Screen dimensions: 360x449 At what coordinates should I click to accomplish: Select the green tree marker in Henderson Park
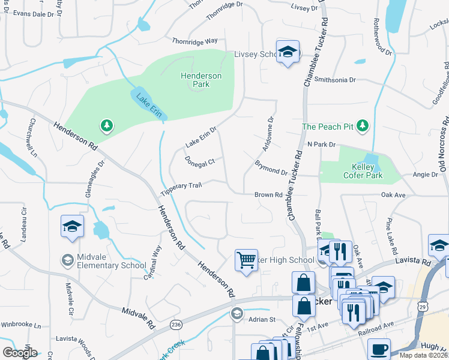coord(106,125)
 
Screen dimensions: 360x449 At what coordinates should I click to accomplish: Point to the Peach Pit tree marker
coord(363,126)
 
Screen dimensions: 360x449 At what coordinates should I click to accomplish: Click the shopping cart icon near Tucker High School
coord(246,260)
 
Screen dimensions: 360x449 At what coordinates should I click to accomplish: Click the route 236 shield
coord(175,324)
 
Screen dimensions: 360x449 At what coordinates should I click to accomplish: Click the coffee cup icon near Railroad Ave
coord(378,349)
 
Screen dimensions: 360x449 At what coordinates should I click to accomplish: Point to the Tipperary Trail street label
coord(181,190)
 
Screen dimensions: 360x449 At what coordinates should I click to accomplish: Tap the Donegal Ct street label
coord(199,163)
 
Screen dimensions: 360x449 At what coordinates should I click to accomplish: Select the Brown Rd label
coord(268,195)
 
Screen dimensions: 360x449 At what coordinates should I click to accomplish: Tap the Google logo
coord(20,353)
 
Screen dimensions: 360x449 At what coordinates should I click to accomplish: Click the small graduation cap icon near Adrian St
coord(237,313)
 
